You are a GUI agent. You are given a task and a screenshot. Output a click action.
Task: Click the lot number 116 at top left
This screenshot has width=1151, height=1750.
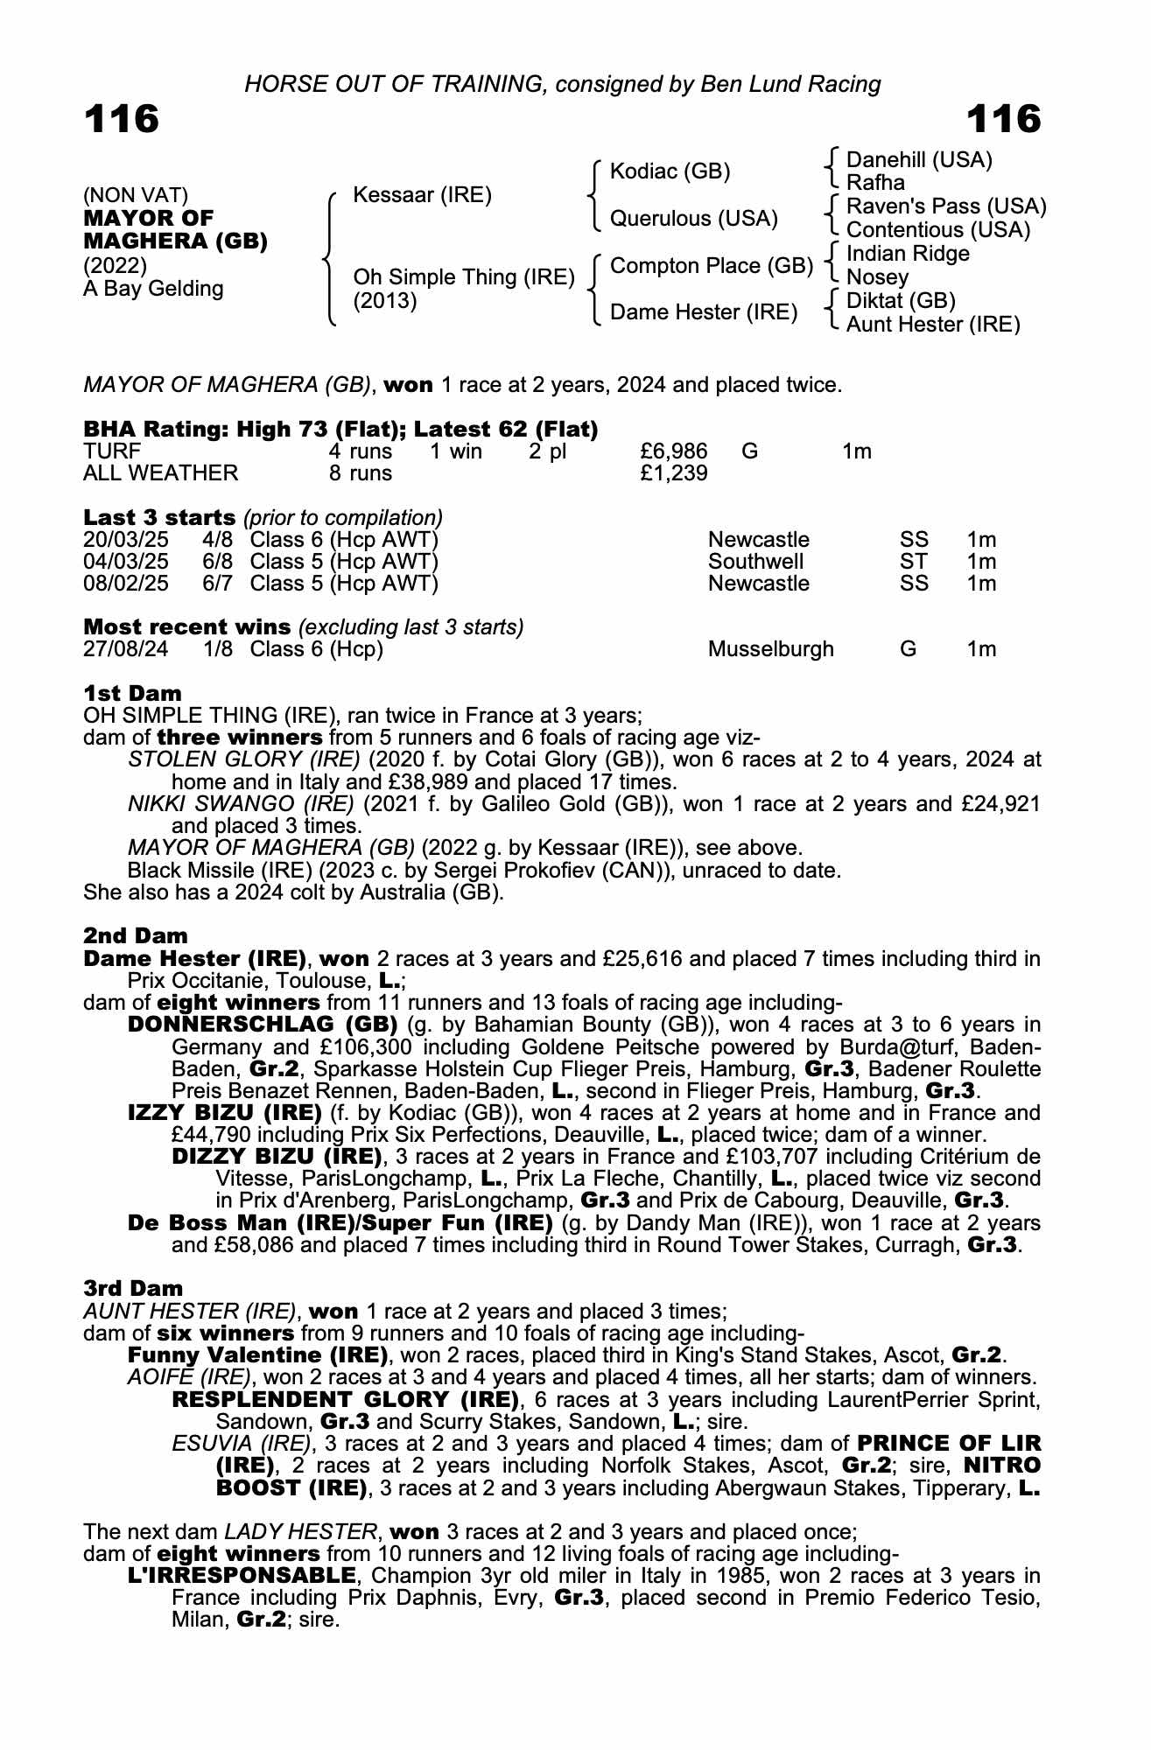122,119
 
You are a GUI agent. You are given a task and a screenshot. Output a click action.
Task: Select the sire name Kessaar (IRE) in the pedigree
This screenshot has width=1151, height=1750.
422,194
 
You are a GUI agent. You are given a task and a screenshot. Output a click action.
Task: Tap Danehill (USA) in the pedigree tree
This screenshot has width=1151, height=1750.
919,159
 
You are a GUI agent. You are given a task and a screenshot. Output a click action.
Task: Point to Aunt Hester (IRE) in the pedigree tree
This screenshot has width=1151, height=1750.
933,325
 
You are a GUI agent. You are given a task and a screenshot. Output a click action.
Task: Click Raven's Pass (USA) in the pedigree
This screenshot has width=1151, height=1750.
946,206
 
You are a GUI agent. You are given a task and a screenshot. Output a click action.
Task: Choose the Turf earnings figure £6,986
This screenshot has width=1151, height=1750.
674,451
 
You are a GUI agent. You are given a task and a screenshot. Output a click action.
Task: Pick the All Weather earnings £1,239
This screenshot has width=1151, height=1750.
674,473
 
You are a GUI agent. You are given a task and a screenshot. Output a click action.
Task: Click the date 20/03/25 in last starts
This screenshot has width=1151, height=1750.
126,540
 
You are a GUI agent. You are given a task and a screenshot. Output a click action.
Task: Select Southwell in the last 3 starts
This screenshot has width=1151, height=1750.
755,562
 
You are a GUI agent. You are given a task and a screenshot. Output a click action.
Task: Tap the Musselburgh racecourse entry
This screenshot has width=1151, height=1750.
770,649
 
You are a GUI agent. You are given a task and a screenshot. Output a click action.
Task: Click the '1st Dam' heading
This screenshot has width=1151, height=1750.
132,694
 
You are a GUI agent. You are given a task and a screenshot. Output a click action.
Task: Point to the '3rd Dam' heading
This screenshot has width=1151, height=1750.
133,1288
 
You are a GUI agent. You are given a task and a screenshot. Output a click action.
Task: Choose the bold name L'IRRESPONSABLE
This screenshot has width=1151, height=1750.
242,1576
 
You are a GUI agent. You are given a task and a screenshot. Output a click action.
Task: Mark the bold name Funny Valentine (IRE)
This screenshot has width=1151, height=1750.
258,1355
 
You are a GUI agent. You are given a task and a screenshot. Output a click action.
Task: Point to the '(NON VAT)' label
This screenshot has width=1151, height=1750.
136,194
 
